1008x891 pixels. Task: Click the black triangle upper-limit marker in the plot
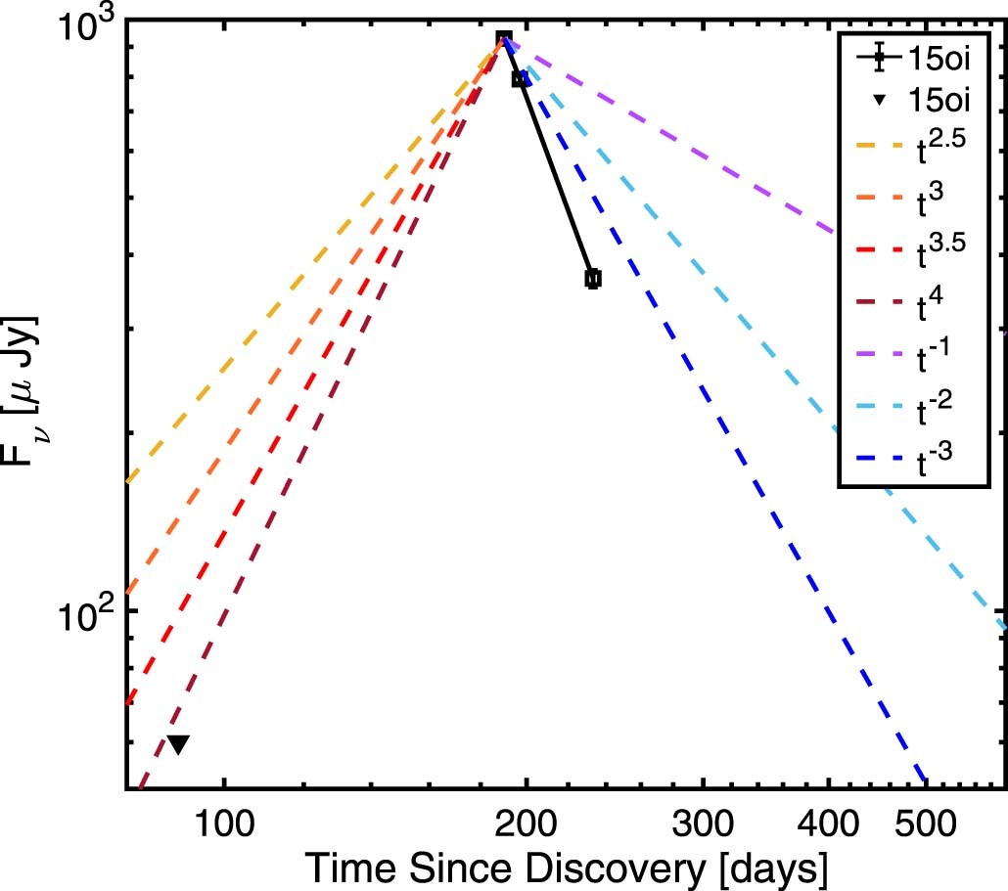[x=177, y=744]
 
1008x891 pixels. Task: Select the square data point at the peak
[x=504, y=39]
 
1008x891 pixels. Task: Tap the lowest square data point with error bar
[x=592, y=279]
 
